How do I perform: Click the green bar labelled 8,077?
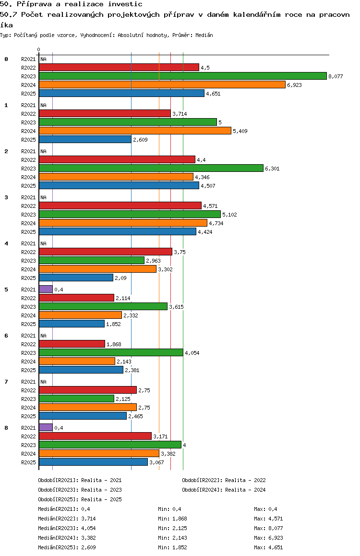(x=183, y=76)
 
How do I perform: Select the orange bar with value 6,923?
(x=162, y=85)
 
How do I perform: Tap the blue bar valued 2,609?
(x=85, y=139)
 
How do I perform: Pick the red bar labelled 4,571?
(x=120, y=205)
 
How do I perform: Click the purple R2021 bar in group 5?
(x=46, y=290)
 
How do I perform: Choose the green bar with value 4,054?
(x=111, y=352)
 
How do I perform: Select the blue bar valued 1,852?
(x=72, y=324)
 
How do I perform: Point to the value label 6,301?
(x=272, y=169)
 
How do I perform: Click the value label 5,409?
(x=240, y=131)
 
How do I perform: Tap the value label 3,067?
(x=156, y=462)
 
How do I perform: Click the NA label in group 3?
(x=43, y=197)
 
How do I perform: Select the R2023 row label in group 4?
(x=28, y=261)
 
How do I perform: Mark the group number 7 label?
(x=6, y=382)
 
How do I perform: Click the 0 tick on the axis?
(x=38, y=49)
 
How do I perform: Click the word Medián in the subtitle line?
(x=204, y=35)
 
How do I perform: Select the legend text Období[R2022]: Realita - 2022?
(x=224, y=480)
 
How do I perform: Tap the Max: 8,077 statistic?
(x=268, y=528)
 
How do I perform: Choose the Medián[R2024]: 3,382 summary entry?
(x=67, y=538)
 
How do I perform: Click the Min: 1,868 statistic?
(x=172, y=519)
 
